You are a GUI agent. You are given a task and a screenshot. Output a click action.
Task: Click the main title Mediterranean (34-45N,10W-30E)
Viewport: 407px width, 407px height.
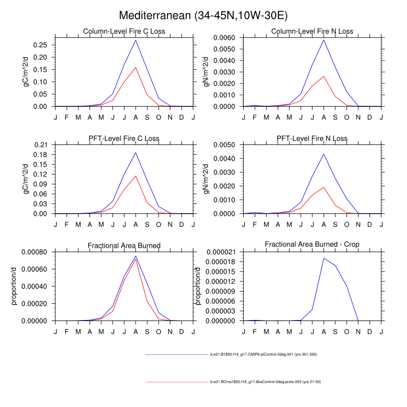point(203,16)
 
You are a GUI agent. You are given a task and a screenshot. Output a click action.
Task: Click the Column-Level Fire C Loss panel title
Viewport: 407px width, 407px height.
point(124,32)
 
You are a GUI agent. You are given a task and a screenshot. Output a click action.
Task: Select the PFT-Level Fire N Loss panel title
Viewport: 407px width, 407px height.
point(312,138)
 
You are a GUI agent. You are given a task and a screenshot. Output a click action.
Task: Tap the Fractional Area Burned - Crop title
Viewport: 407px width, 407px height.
point(312,245)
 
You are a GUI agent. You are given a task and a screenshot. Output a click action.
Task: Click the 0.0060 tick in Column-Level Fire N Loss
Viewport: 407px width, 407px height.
point(227,38)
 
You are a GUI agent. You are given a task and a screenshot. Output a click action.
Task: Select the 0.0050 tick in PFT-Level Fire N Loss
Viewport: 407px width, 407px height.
point(227,145)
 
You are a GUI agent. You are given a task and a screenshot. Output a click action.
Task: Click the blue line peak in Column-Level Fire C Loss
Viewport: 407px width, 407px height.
point(135,40)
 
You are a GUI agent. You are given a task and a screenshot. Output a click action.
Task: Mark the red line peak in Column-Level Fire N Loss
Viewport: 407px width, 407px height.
point(324,76)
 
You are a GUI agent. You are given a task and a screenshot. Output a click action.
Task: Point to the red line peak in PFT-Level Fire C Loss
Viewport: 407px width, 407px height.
point(135,176)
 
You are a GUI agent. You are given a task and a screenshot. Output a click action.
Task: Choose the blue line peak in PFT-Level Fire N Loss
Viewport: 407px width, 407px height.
point(324,154)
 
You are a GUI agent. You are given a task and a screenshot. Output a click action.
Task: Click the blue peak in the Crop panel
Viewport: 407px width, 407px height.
point(324,258)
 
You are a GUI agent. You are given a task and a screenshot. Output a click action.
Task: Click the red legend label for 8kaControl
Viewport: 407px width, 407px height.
point(265,382)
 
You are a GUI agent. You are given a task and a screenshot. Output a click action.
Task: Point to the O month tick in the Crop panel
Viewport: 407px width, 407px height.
point(347,332)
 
